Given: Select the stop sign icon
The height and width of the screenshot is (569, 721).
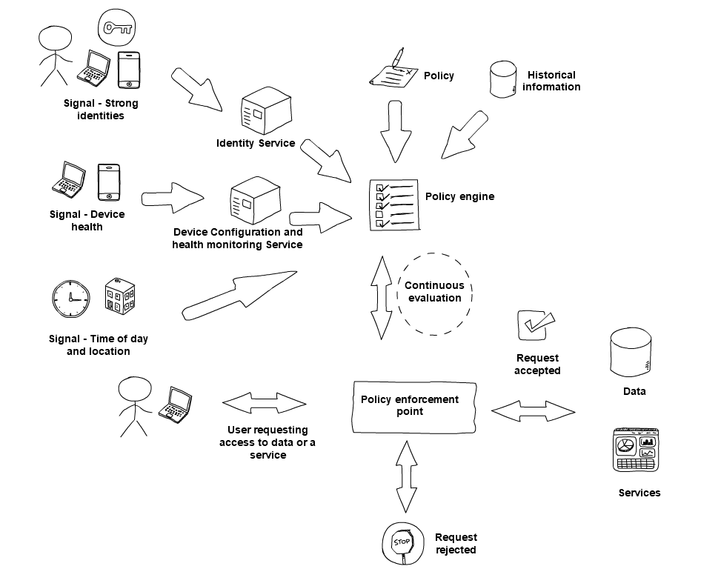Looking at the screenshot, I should (402, 542).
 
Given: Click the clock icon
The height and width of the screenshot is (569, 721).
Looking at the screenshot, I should (71, 299).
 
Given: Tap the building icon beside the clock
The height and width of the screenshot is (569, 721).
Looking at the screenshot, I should (119, 296).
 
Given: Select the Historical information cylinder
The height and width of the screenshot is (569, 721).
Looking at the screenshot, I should (503, 79).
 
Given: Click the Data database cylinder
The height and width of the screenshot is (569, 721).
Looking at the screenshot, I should (631, 353).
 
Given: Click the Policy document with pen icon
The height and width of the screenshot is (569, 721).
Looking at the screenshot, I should (392, 71).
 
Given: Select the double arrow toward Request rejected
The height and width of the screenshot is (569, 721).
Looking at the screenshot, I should (405, 476).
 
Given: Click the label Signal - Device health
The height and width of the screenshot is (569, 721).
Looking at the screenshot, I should (87, 220).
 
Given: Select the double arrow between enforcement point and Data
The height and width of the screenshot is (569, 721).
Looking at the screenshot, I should (533, 411).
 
